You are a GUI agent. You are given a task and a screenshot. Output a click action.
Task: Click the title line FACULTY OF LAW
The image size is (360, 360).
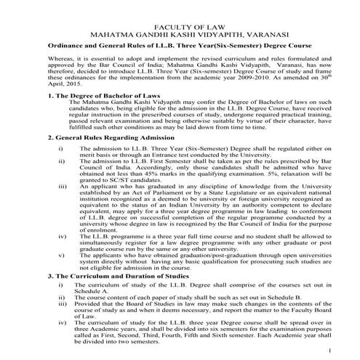180,23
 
